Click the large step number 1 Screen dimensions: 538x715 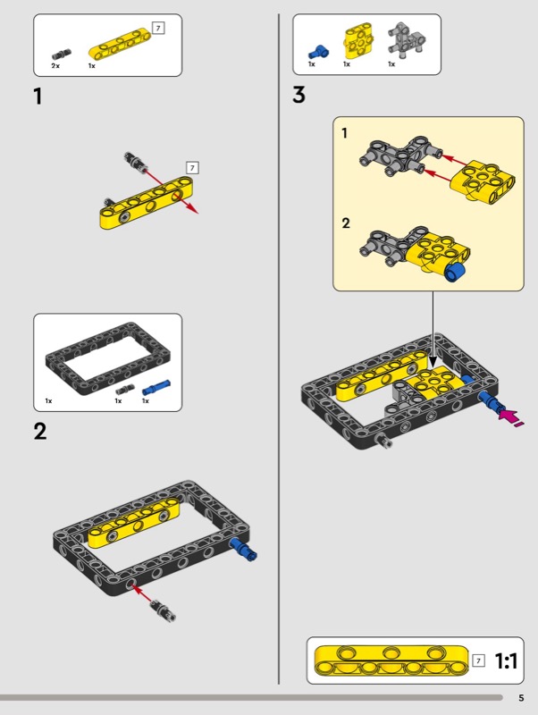coord(38,97)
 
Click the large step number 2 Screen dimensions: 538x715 coord(40,432)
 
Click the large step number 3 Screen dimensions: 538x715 coord(298,95)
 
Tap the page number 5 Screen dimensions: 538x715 coord(521,698)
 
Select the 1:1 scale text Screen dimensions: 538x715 coord(506,660)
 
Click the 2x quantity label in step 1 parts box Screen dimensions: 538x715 coord(55,65)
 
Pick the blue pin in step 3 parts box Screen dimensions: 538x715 coord(318,52)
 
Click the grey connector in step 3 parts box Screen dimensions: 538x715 coord(407,40)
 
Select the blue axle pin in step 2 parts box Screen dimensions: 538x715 coord(156,388)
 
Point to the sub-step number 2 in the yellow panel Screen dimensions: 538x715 coord(346,223)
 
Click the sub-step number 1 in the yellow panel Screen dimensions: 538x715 coord(345,133)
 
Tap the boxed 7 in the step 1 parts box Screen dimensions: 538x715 coord(158,29)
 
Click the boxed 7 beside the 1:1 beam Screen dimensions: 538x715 coord(478,660)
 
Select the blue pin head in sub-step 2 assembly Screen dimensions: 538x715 coord(456,272)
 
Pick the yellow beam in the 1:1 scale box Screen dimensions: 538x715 coord(391,660)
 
